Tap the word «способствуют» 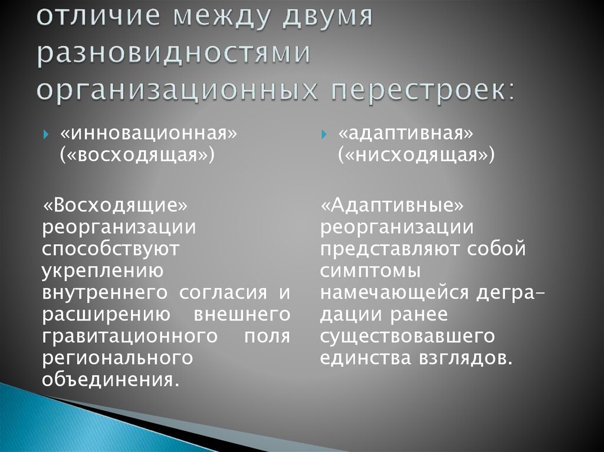(x=110, y=249)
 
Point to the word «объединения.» (x=110, y=378)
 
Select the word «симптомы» (x=371, y=270)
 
